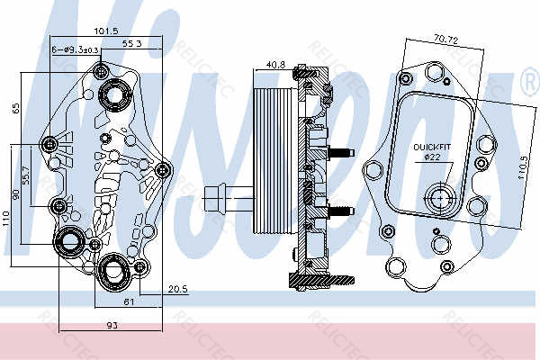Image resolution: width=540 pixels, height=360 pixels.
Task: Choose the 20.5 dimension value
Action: pyautogui.click(x=177, y=288)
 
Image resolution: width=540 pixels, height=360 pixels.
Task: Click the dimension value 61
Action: pyautogui.click(x=129, y=302)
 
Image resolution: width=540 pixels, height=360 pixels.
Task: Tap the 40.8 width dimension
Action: pyautogui.click(x=276, y=64)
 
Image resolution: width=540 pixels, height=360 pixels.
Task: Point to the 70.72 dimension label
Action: pyautogui.click(x=446, y=40)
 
